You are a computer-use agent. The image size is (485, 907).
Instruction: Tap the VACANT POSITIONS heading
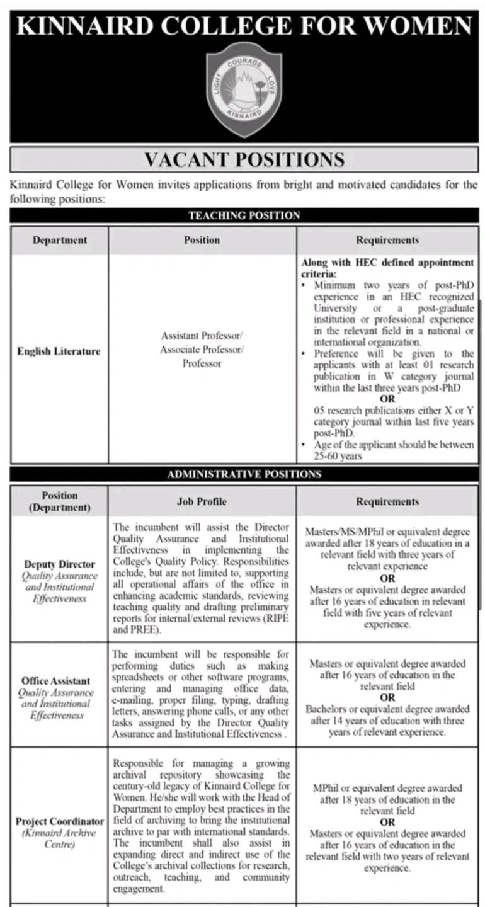point(244,159)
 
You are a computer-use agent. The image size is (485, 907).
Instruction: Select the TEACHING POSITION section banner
point(244,215)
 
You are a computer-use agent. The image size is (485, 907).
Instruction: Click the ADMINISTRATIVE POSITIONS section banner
point(244,474)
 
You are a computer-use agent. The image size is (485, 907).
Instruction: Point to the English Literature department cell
point(59,351)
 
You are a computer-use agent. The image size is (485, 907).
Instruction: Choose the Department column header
point(60,240)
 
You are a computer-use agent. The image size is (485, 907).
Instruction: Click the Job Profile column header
point(202,501)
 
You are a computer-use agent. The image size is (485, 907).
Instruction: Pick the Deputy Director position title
point(60,564)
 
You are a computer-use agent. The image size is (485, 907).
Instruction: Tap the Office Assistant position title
point(55,681)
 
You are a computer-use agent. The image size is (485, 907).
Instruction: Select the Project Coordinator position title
point(60,822)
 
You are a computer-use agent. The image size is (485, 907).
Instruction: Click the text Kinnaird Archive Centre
point(60,838)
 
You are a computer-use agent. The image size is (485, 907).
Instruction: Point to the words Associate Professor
point(202,350)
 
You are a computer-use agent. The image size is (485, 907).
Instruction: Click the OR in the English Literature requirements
point(387,399)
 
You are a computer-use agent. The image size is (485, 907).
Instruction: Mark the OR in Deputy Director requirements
point(387,578)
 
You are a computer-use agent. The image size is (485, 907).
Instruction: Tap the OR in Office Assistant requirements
point(387,698)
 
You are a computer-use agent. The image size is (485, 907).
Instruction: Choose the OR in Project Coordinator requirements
point(387,823)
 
